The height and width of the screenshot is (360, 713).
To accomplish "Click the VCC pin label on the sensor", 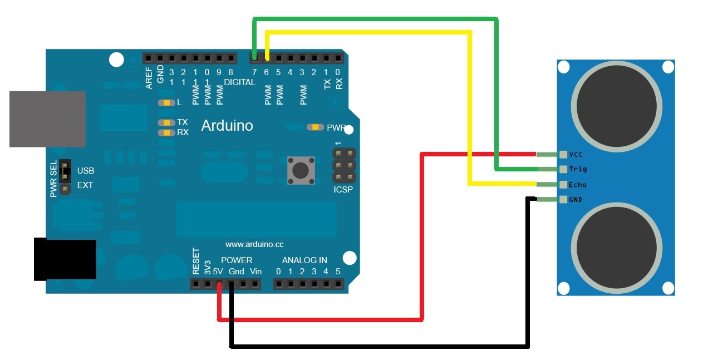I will click(576, 155).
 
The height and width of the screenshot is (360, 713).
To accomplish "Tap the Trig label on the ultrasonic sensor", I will click(578, 169).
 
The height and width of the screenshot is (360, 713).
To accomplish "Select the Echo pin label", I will click(578, 185).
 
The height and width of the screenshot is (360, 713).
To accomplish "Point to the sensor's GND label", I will click(576, 199).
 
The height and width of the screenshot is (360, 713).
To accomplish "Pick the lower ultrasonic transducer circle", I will click(617, 248).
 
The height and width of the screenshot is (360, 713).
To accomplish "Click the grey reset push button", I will click(300, 170).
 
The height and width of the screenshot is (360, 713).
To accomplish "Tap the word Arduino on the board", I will click(227, 125).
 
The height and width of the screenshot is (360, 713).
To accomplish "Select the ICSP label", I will click(343, 190).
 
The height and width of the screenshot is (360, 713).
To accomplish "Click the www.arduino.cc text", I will click(254, 244).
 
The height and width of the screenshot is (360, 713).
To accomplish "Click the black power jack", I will click(65, 260).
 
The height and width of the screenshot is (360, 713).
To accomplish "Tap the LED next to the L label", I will click(166, 103).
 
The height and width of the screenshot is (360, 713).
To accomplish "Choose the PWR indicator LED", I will click(315, 127).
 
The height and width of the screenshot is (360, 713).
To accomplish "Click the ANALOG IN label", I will click(304, 260).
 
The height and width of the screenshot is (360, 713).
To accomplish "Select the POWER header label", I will click(237, 260).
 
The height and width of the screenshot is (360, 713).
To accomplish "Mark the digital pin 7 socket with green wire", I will click(254, 57).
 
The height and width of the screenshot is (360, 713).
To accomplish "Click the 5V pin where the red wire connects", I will click(219, 284).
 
